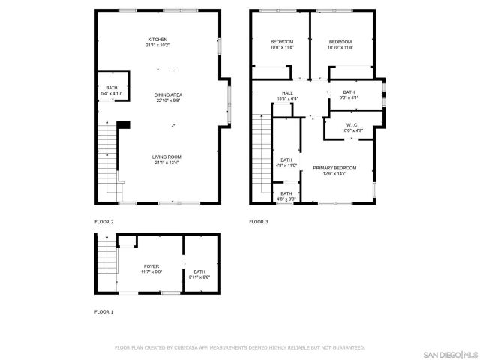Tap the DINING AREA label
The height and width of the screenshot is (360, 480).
(169, 97)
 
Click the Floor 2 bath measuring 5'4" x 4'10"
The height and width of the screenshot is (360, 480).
(112, 91)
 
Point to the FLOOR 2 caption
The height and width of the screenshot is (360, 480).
(104, 222)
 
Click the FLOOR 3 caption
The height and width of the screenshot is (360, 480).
(259, 222)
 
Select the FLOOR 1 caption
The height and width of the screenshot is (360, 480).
(104, 310)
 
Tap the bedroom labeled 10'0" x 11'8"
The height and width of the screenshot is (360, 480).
(281, 44)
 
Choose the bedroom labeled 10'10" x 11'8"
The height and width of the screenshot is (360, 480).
(340, 44)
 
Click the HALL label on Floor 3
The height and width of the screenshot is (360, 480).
(277, 95)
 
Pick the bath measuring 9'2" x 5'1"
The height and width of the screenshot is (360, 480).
(349, 94)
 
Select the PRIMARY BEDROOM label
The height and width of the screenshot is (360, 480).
(334, 170)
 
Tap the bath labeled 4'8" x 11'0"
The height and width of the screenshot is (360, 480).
(286, 163)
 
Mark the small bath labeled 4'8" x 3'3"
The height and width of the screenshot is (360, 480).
(286, 196)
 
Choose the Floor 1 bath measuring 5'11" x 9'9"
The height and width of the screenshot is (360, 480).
(199, 274)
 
